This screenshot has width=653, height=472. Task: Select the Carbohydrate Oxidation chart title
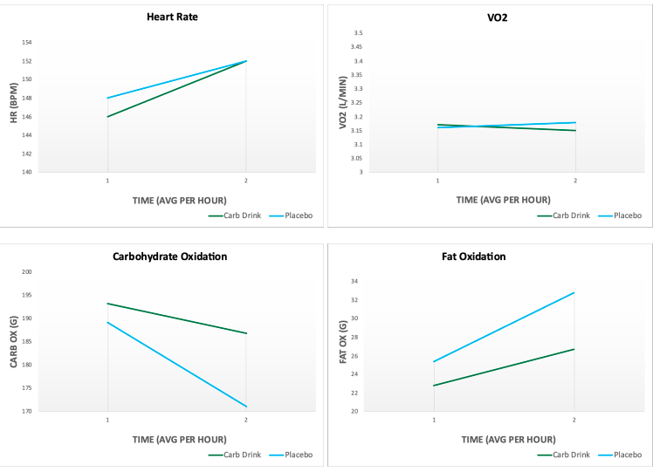point(169,257)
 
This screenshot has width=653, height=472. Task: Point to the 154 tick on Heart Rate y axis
point(26,42)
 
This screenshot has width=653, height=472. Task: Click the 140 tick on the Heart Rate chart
point(26,172)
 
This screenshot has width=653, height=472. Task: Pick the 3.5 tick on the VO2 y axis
point(357,33)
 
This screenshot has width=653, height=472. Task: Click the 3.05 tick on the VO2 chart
point(355,158)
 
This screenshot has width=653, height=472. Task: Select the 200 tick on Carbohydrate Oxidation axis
point(26,272)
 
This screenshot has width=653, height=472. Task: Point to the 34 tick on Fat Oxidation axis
point(355,281)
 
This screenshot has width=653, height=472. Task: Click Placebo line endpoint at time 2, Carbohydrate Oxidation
point(246,407)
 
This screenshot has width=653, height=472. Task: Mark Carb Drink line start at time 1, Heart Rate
point(107,117)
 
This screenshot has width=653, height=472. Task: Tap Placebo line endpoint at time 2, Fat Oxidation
point(574,292)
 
